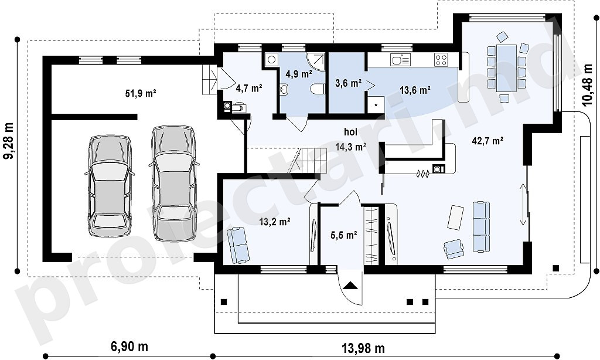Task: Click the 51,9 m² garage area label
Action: click(141, 93)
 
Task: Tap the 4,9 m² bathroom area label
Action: click(298, 73)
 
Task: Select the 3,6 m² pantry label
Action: click(349, 83)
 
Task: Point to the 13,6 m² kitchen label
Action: click(415, 90)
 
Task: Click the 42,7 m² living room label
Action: click(487, 141)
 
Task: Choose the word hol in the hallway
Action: click(350, 132)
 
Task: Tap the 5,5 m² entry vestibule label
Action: click(343, 235)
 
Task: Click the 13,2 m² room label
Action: click(274, 222)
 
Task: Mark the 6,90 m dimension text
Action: click(129, 347)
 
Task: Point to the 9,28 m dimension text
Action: click(8, 140)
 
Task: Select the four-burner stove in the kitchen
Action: click(441, 59)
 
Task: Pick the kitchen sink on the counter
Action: click(401, 60)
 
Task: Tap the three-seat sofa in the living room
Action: click(481, 227)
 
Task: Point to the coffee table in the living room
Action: click(455, 218)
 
